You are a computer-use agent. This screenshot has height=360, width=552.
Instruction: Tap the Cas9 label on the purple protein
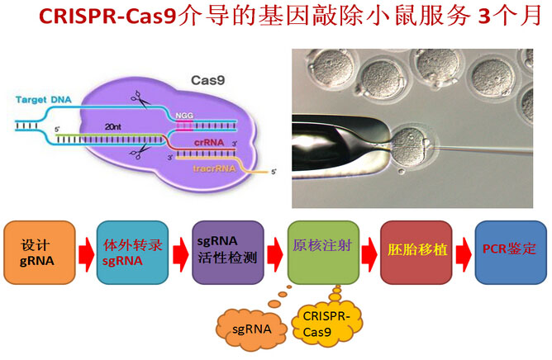(x=205, y=82)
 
